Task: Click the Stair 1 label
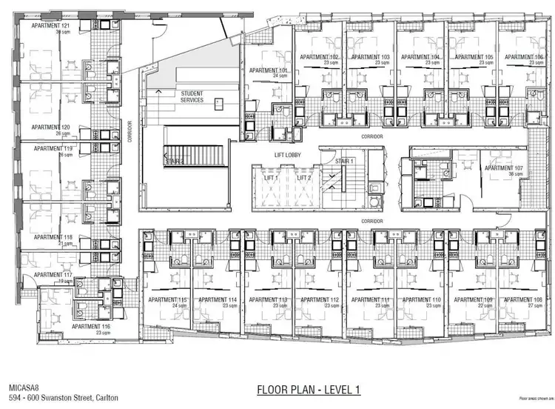tap(345, 160)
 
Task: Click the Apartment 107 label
tap(504, 168)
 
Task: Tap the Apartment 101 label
tap(269, 70)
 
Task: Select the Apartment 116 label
tap(92, 326)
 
